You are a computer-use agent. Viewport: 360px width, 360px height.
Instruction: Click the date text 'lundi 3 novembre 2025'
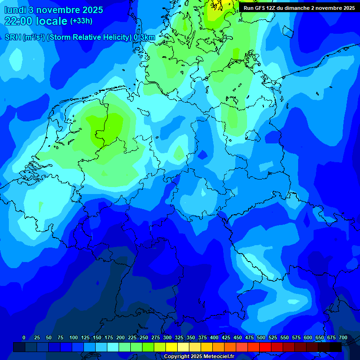(54, 10)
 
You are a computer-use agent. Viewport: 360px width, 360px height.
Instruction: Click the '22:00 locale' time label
(36, 21)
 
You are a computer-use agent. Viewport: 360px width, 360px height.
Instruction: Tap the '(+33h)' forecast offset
(81, 21)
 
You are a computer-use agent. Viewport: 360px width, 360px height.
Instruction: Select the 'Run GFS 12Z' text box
(299, 8)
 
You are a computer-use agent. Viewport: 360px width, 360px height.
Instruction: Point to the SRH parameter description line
(80, 37)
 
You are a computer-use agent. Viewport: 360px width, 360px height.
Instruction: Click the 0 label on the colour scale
(24, 338)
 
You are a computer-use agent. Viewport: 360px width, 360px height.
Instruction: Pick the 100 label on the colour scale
(74, 338)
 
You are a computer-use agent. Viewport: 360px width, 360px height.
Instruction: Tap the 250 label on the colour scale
(144, 338)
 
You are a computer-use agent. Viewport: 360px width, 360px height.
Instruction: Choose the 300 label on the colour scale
(167, 338)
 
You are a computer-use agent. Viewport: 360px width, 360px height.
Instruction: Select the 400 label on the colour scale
(214, 338)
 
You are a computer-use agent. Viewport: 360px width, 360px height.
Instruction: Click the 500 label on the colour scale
(261, 338)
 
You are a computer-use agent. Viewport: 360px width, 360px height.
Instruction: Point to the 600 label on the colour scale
(308, 338)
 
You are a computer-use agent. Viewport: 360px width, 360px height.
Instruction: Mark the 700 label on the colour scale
(343, 338)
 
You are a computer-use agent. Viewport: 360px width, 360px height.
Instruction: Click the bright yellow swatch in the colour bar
(171, 347)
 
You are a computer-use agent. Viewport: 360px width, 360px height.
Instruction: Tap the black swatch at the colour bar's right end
(335, 347)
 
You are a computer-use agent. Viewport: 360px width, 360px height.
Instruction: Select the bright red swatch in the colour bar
(265, 347)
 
